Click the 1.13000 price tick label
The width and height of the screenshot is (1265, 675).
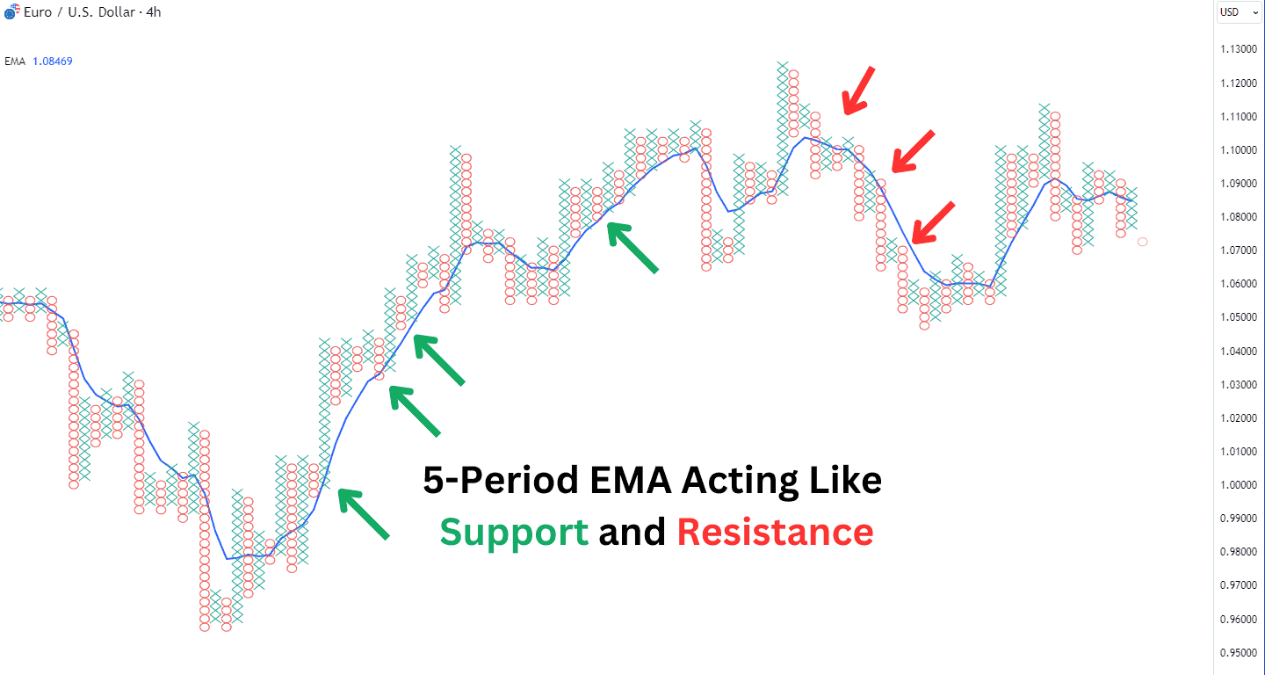click(x=1239, y=49)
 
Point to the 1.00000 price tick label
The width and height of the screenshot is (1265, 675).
click(x=1239, y=484)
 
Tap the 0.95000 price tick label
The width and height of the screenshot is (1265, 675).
click(x=1239, y=652)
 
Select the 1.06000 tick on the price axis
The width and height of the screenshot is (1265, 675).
click(x=1239, y=284)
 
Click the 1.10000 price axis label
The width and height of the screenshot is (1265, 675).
click(x=1239, y=149)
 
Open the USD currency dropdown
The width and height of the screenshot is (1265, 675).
click(x=1239, y=11)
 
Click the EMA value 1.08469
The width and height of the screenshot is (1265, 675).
click(x=53, y=61)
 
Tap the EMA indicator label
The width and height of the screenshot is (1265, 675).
click(x=15, y=61)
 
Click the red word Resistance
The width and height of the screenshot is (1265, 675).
click(x=776, y=532)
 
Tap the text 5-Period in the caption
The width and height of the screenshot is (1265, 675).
click(x=501, y=480)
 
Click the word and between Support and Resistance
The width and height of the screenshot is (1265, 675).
click(x=632, y=532)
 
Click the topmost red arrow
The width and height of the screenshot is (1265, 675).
click(x=857, y=91)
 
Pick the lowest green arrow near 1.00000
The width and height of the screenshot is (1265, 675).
click(x=363, y=513)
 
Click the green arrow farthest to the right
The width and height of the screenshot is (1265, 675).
click(x=632, y=247)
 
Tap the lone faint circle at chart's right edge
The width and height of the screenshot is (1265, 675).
click(x=1142, y=242)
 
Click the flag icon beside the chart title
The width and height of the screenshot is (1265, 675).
click(x=11, y=11)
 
